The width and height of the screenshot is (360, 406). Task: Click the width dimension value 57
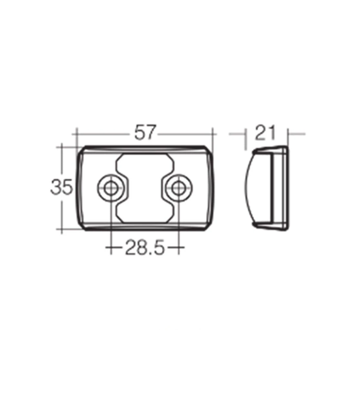[x=145, y=133]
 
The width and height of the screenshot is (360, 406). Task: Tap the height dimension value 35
[x=61, y=188]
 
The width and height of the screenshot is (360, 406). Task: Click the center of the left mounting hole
[x=111, y=188]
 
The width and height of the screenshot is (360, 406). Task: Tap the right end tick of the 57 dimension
[x=213, y=133]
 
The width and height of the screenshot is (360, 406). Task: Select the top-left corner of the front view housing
[x=82, y=150]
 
